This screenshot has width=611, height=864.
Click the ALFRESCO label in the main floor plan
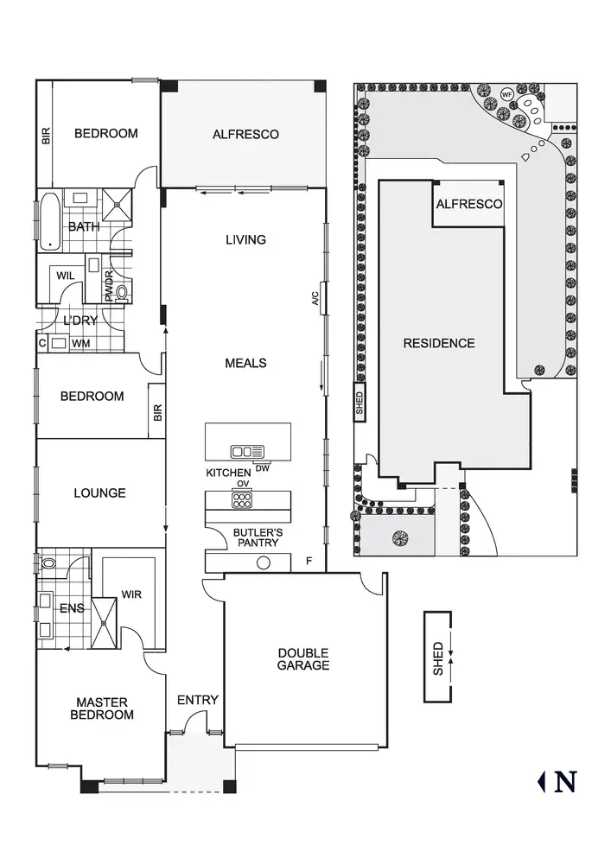[x=245, y=134]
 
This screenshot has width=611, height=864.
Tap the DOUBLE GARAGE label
[x=302, y=659]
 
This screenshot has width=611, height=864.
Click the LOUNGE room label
[x=99, y=493]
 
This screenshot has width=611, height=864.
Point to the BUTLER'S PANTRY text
[x=258, y=537]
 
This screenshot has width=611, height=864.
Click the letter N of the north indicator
[x=565, y=782]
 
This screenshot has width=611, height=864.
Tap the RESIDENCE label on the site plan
[x=439, y=343]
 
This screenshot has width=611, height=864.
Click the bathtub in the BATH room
[x=50, y=221]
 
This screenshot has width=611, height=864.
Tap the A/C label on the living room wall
[x=316, y=299]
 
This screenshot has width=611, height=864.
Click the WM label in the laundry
[x=80, y=343]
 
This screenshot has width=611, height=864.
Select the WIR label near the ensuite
[x=131, y=595]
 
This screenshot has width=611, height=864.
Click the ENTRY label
[x=197, y=700]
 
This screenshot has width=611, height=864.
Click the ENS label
[x=72, y=608]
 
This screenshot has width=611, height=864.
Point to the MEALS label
[x=245, y=363]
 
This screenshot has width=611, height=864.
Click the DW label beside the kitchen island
[x=262, y=469]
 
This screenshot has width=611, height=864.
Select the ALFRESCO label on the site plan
[x=468, y=205]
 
